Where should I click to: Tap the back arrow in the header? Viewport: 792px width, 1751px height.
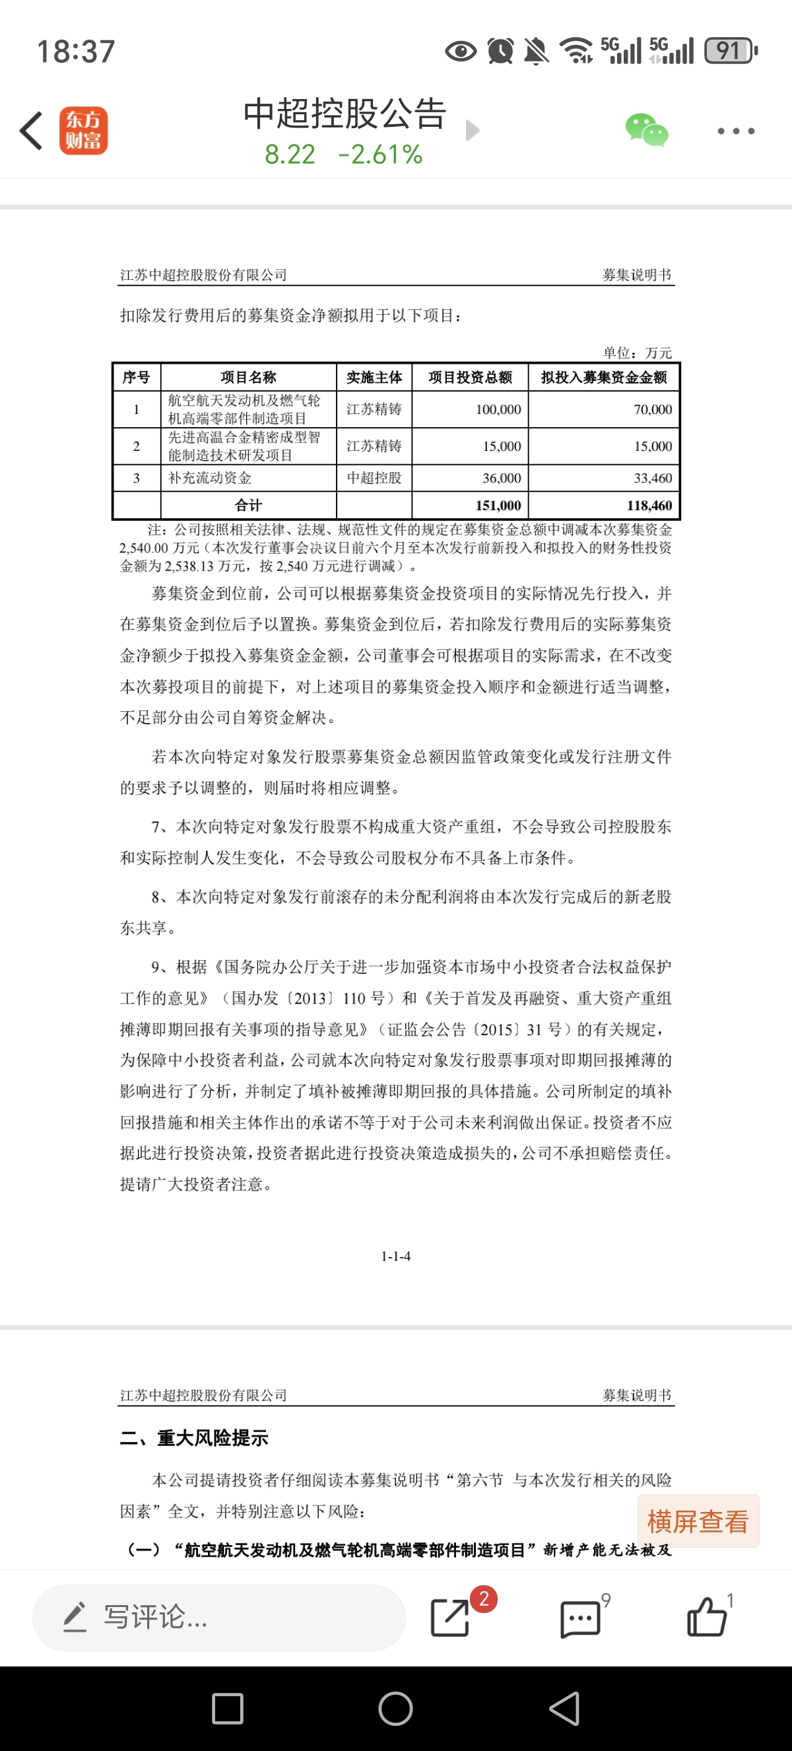[x=31, y=131]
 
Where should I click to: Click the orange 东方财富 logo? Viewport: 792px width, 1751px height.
[x=83, y=131]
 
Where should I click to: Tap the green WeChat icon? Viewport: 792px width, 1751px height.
[x=646, y=130]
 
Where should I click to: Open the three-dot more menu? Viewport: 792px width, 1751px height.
[x=736, y=131]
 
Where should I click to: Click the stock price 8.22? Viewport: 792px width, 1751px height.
[x=290, y=155]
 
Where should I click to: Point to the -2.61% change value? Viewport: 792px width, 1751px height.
[x=379, y=155]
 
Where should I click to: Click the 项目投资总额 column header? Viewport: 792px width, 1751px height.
[x=470, y=377]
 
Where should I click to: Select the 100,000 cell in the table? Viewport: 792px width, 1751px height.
[x=498, y=409]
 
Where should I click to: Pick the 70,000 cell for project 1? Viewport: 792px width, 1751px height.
[x=652, y=409]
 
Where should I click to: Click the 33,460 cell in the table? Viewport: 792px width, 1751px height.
[x=652, y=478]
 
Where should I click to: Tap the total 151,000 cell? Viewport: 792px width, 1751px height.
[x=498, y=505]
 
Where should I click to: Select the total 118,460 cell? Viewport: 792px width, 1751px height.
[x=649, y=505]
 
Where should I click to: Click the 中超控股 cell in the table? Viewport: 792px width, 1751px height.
[x=374, y=478]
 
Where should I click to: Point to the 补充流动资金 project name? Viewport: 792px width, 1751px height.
[x=210, y=478]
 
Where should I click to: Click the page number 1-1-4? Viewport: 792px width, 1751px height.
[x=395, y=1256]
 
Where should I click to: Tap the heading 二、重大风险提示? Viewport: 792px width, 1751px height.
[x=194, y=1437]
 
